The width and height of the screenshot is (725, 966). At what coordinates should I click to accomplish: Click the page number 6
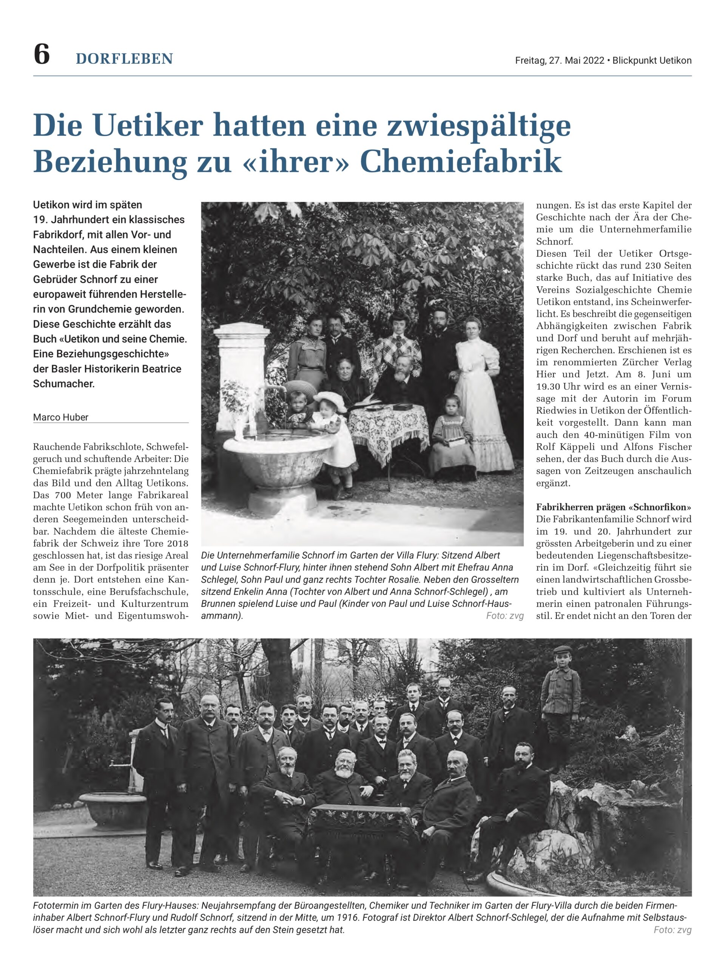pyautogui.click(x=42, y=55)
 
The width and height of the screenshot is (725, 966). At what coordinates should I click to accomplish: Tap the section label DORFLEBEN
pyautogui.click(x=125, y=59)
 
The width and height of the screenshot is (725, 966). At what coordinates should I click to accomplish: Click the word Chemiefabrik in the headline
pyautogui.click(x=461, y=162)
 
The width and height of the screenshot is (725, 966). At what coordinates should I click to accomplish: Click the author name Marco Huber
pyautogui.click(x=61, y=417)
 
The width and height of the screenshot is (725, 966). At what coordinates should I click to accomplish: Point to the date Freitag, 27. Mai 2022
pyautogui.click(x=559, y=61)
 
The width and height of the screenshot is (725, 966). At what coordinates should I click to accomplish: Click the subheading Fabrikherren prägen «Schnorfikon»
pyautogui.click(x=614, y=508)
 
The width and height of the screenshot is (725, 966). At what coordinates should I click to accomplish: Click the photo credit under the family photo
pyautogui.click(x=504, y=616)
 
